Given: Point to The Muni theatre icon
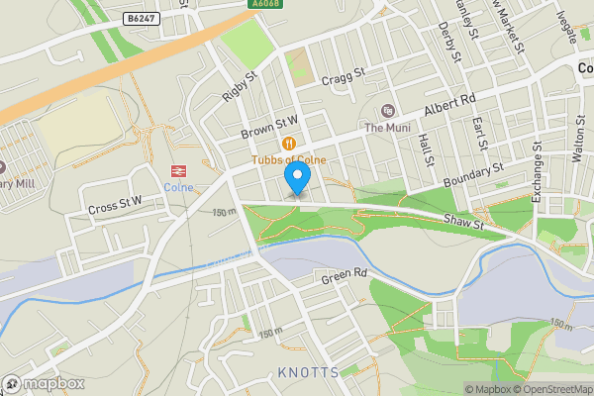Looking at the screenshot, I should [386, 110].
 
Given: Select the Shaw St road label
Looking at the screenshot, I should [462, 225].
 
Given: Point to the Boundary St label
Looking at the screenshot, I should [474, 174].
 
